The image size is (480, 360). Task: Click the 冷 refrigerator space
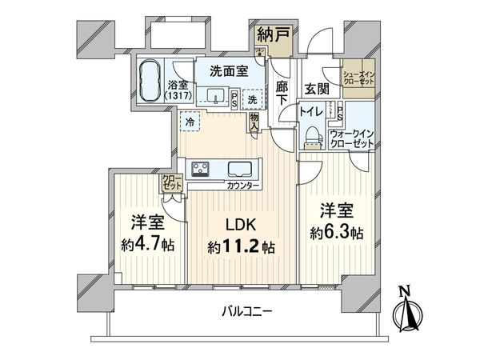[x=190, y=122]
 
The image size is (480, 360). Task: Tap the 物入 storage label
[x=254, y=122]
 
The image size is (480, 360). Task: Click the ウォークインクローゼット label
[x=351, y=138]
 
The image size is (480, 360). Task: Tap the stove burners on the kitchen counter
[x=200, y=170]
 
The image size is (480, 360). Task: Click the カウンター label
[x=242, y=186]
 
